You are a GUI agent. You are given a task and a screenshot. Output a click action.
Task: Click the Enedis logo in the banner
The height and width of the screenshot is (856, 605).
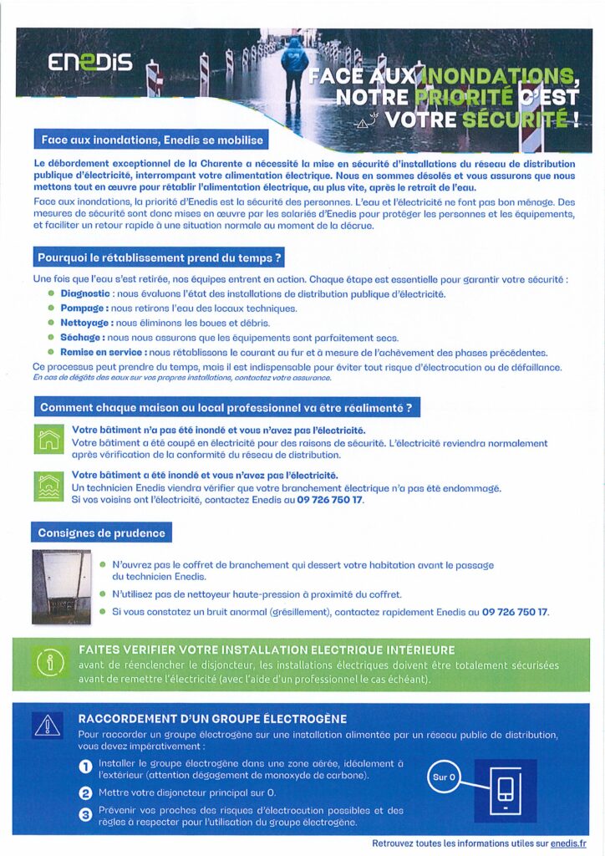pos(89,63)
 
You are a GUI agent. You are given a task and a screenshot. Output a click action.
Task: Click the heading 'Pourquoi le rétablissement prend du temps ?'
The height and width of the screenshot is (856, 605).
pos(158,257)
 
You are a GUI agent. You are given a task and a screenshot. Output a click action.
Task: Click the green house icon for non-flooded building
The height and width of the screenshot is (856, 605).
pos(49,439)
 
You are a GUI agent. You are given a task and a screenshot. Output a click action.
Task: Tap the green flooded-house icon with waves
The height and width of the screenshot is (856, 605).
pos(49,486)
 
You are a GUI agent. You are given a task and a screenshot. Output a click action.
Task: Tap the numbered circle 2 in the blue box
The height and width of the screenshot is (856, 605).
pos(85,792)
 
